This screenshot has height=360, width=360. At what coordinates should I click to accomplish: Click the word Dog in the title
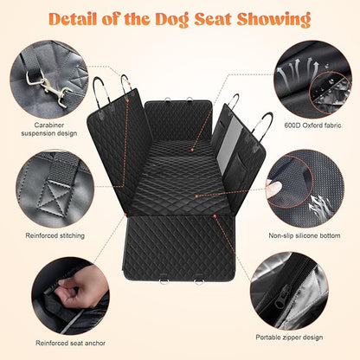(169, 18)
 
